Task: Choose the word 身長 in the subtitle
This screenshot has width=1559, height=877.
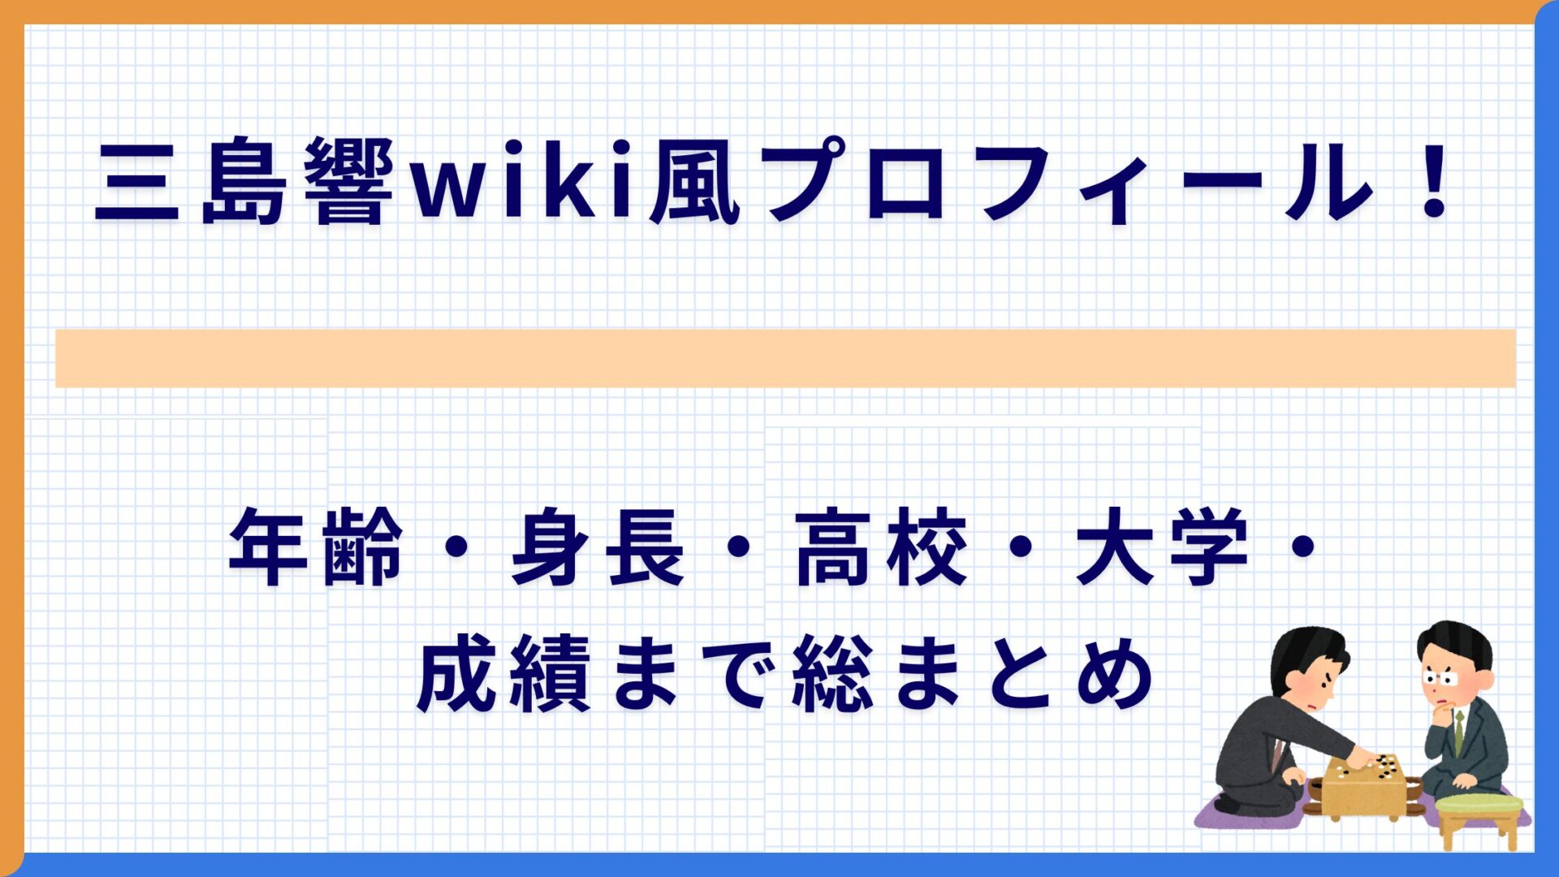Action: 597,547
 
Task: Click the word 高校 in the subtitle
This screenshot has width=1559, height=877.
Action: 881,547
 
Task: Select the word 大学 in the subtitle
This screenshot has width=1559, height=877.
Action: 1161,547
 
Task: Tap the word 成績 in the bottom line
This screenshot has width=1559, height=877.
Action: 503,674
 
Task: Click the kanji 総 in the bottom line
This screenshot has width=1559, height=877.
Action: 832,674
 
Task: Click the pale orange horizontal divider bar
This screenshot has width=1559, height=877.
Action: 785,358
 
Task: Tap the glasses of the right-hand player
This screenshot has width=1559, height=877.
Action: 1440,677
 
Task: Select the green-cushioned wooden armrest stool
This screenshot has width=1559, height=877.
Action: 1479,816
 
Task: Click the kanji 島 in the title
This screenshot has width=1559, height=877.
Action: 244,181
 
